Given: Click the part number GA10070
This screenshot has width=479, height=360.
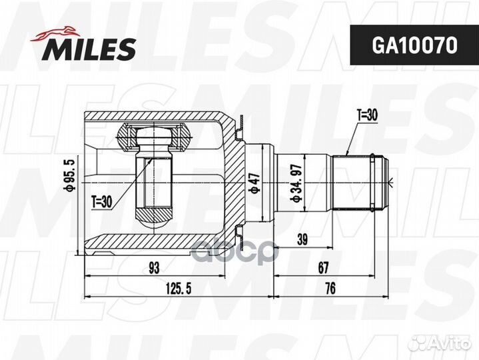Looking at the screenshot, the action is tap(414, 45).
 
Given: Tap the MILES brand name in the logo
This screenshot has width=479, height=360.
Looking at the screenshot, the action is tap(89, 49).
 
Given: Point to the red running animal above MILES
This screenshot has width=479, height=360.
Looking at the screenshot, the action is tap(55, 33).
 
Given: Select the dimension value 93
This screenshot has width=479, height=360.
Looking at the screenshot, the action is tap(155, 268).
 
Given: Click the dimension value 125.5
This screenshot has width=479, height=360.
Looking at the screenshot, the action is tap(179, 289).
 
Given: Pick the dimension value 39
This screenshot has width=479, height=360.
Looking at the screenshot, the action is tap(302, 239).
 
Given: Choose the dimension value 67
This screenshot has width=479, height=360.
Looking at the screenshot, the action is tap(323, 268).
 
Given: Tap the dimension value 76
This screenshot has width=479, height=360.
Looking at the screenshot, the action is tap(330, 289).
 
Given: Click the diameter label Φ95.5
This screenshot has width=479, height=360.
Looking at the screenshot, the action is tap(69, 175).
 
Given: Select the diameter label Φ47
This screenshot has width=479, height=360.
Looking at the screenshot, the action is tap(254, 183).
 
